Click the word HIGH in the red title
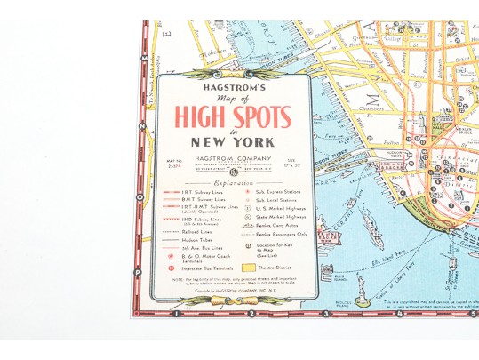(194, 116)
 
